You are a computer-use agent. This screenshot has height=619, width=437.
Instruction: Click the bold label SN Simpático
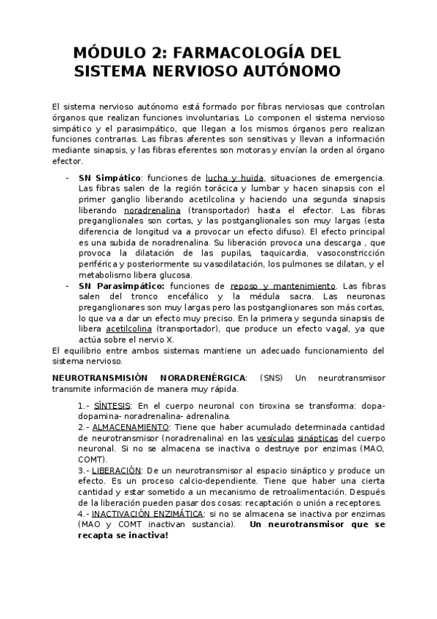[x=109, y=177]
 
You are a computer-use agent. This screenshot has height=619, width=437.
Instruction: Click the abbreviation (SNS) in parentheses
[x=273, y=377]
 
